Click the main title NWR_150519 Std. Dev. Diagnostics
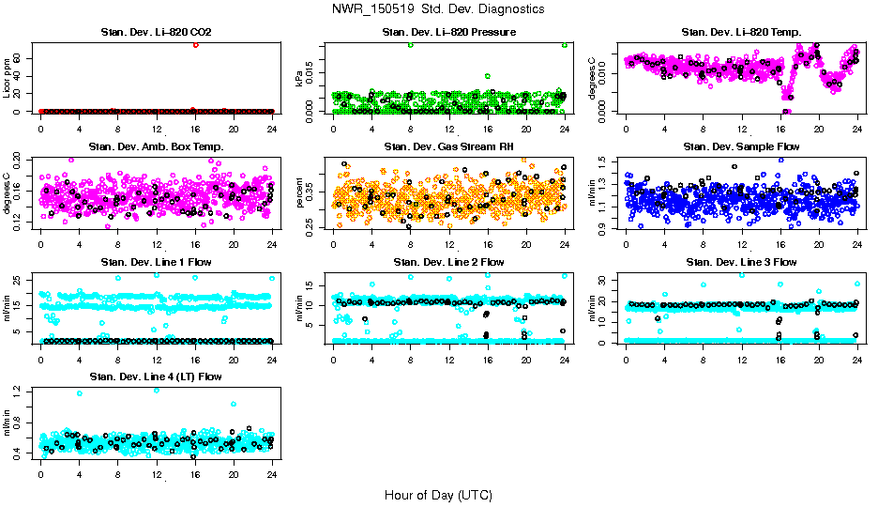coord(438,8)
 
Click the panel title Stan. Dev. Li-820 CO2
coord(156,33)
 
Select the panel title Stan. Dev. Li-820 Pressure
coord(448,33)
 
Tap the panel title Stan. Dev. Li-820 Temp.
coord(741,33)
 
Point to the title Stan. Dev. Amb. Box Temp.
coord(156,146)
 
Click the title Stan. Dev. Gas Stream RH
coord(448,146)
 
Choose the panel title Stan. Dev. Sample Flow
coord(741,146)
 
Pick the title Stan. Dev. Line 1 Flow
coord(156,262)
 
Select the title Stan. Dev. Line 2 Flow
coord(448,262)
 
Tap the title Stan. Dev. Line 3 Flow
coord(741,262)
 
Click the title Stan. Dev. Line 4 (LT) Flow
coord(156,376)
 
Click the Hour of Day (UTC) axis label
coord(438,494)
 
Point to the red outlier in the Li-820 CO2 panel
coord(195,44)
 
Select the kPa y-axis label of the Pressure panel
coord(299,78)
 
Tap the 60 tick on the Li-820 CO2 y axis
coord(19,58)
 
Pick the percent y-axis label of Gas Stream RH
coord(299,192)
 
